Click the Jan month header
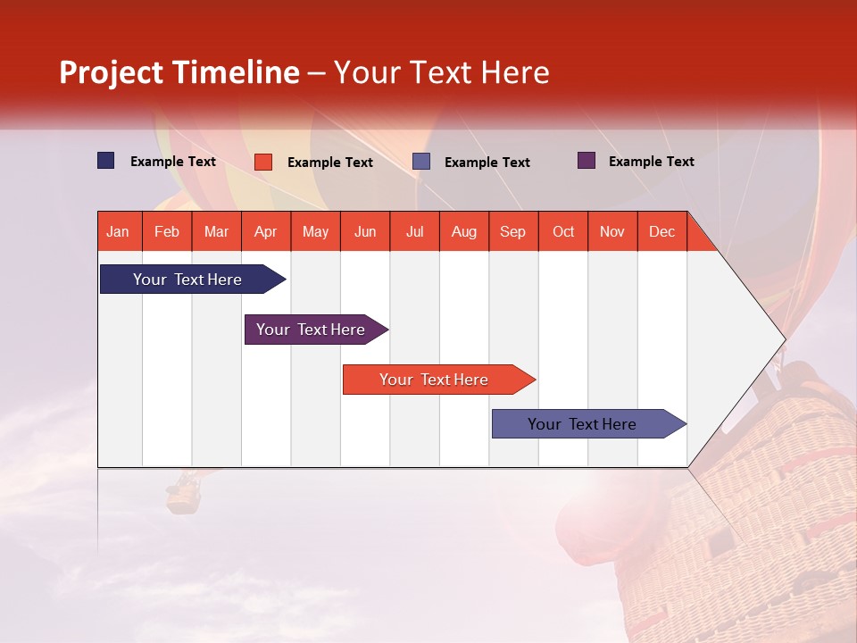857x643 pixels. click(x=118, y=231)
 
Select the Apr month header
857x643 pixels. click(x=265, y=231)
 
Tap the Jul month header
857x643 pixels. click(x=414, y=231)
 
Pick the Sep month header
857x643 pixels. click(x=512, y=231)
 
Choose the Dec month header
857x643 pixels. click(x=661, y=231)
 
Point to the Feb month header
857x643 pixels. click(x=167, y=231)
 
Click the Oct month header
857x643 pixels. click(x=562, y=231)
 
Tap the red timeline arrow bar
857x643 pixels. click(x=435, y=380)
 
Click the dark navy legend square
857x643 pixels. click(x=106, y=161)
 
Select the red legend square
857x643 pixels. click(x=263, y=162)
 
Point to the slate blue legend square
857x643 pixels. click(x=421, y=162)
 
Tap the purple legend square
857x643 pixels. click(x=587, y=161)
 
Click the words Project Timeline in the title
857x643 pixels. click(x=179, y=72)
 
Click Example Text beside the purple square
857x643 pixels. click(x=651, y=162)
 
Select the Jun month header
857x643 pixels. click(x=365, y=231)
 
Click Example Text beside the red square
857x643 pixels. click(x=329, y=163)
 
